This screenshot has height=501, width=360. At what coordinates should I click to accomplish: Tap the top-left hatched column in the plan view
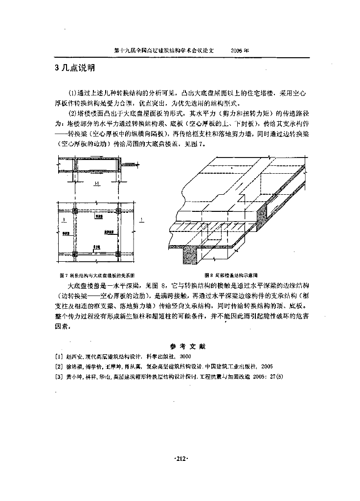(x=75, y=211)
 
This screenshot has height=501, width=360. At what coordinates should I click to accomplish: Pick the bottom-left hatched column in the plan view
(x=75, y=254)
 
